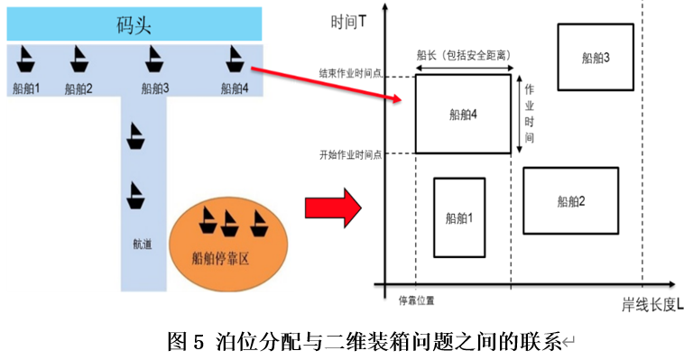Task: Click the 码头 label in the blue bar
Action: pyautogui.click(x=134, y=24)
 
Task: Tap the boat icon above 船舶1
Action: pyautogui.click(x=25, y=60)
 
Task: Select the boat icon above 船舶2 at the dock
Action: pyautogui.click(x=79, y=60)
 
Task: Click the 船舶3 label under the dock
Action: pyautogui.click(x=155, y=88)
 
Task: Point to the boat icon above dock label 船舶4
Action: pyautogui.click(x=235, y=60)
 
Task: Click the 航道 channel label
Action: pyautogui.click(x=143, y=244)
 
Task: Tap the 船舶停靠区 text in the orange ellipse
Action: pyautogui.click(x=220, y=258)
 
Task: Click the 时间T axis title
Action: pyautogui.click(x=348, y=22)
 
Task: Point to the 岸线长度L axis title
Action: pyautogui.click(x=652, y=305)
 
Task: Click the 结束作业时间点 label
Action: pyautogui.click(x=350, y=73)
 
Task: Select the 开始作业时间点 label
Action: pyautogui.click(x=350, y=154)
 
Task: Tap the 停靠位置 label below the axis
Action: pyautogui.click(x=416, y=300)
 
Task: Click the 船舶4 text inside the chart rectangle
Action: pyautogui.click(x=463, y=115)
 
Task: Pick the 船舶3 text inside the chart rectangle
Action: pyautogui.click(x=596, y=58)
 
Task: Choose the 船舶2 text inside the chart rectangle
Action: pyautogui.click(x=571, y=201)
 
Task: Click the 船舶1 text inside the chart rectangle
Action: pyautogui.click(x=459, y=217)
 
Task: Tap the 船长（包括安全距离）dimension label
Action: pyautogui.click(x=464, y=55)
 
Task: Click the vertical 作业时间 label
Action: pyautogui.click(x=529, y=114)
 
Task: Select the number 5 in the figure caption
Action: pyautogui.click(x=199, y=342)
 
